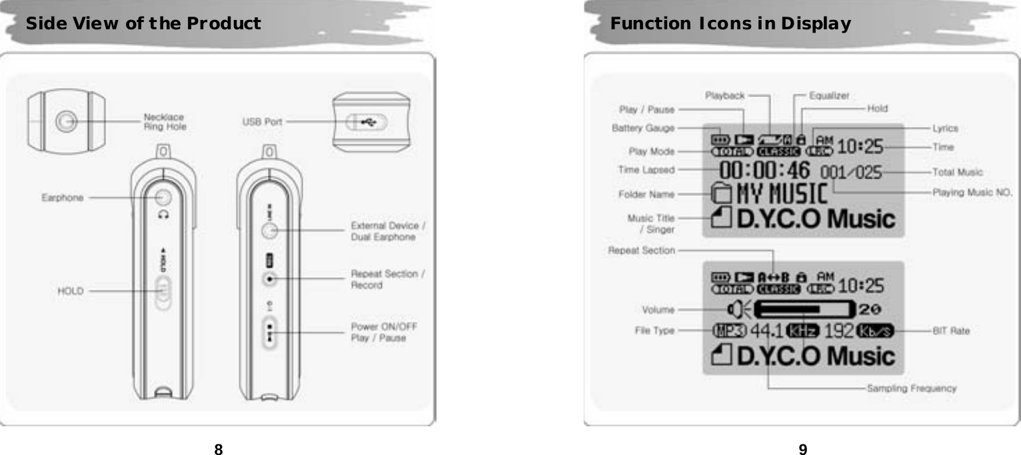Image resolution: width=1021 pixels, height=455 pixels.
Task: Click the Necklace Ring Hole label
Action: coord(165,122)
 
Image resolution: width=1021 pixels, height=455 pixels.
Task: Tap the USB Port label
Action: coord(262,121)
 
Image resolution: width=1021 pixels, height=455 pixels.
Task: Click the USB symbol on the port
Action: coord(367,122)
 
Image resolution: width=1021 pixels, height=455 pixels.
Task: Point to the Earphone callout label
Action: coord(63,197)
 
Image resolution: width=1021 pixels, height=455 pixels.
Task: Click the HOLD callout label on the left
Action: coord(69,290)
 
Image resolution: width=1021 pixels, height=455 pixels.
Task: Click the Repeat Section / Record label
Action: coord(384,279)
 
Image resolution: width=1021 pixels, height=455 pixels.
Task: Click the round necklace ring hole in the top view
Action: coord(65,121)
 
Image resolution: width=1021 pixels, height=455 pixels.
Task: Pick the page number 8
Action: coord(217,449)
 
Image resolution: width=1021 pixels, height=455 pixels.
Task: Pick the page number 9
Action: coord(803,449)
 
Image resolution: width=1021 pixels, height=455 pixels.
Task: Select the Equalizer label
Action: coord(828,95)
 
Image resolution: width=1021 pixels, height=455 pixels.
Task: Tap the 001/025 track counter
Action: coord(851,173)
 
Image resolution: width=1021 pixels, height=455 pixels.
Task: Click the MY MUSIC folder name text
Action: coord(781,195)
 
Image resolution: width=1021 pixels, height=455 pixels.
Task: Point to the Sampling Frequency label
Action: coord(911,388)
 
